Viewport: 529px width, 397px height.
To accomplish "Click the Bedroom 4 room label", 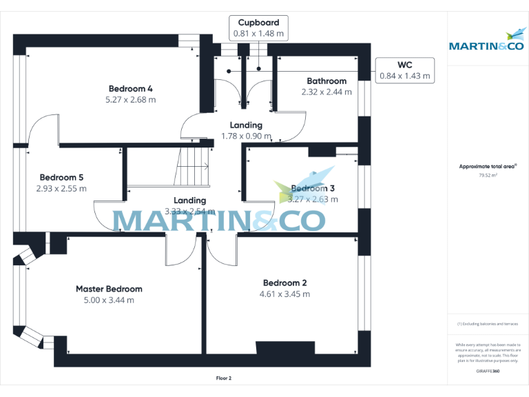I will coord(131,88).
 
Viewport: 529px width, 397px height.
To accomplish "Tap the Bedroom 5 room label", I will coord(61,177).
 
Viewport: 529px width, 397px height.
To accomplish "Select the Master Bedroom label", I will coord(109,289).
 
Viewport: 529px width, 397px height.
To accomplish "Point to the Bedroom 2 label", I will coord(284,283).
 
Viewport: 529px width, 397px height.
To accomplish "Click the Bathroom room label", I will coord(326,81).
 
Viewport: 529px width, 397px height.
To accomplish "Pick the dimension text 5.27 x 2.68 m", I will coord(131,99).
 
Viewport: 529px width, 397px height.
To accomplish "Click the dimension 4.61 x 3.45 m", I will coord(284,294).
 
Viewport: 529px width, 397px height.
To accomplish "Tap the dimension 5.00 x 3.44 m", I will coord(109,300).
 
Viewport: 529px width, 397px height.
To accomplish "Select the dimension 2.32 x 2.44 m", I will coord(326,92).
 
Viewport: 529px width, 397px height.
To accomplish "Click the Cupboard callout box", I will coord(259,28).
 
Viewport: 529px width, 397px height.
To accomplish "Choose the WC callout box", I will coord(404,71).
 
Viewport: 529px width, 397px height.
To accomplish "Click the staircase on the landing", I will coord(193,166).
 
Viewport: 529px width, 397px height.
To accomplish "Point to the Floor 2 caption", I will coord(225,378).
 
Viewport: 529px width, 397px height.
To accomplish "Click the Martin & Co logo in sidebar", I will coord(486,41).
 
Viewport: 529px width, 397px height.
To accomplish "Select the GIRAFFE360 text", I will coord(487,370).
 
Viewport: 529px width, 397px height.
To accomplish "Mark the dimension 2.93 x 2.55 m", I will coord(61,188).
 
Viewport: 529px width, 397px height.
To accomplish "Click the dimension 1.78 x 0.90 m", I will coord(246,136).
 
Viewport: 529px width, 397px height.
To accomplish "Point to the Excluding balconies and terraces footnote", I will coord(487,323).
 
